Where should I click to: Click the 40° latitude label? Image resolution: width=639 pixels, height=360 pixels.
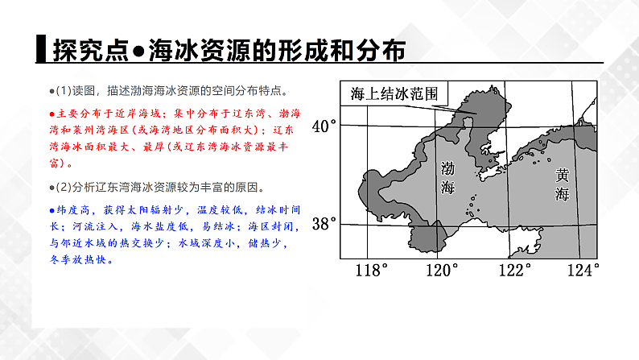click(x=325, y=126)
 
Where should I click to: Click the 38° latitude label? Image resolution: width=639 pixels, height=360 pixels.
click(x=325, y=224)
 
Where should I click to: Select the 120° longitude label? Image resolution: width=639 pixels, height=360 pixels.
click(x=441, y=269)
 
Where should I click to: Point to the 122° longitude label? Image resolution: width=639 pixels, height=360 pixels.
click(x=512, y=269)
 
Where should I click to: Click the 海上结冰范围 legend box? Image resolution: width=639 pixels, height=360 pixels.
click(x=394, y=93)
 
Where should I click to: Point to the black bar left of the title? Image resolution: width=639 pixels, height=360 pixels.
click(x=41, y=49)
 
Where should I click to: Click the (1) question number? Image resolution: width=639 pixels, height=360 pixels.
click(x=64, y=90)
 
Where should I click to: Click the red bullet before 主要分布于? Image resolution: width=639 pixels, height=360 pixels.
click(x=52, y=114)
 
